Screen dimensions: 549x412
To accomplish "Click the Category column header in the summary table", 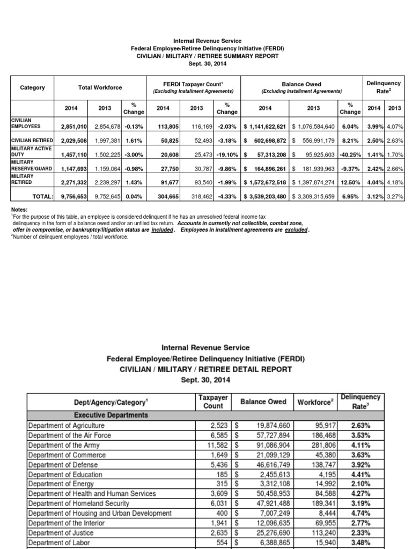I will (33, 88).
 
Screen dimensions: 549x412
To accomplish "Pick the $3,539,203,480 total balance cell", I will (266, 197).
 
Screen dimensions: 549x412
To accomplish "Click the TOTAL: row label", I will (42, 197).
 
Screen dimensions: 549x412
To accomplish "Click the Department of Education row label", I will (65, 474).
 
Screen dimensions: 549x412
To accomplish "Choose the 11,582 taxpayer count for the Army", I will (218, 445).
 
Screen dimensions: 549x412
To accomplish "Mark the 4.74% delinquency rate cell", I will (360, 514).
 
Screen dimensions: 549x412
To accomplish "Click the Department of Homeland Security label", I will (78, 503).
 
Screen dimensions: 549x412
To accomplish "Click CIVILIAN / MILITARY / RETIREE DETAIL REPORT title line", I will (207, 369).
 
